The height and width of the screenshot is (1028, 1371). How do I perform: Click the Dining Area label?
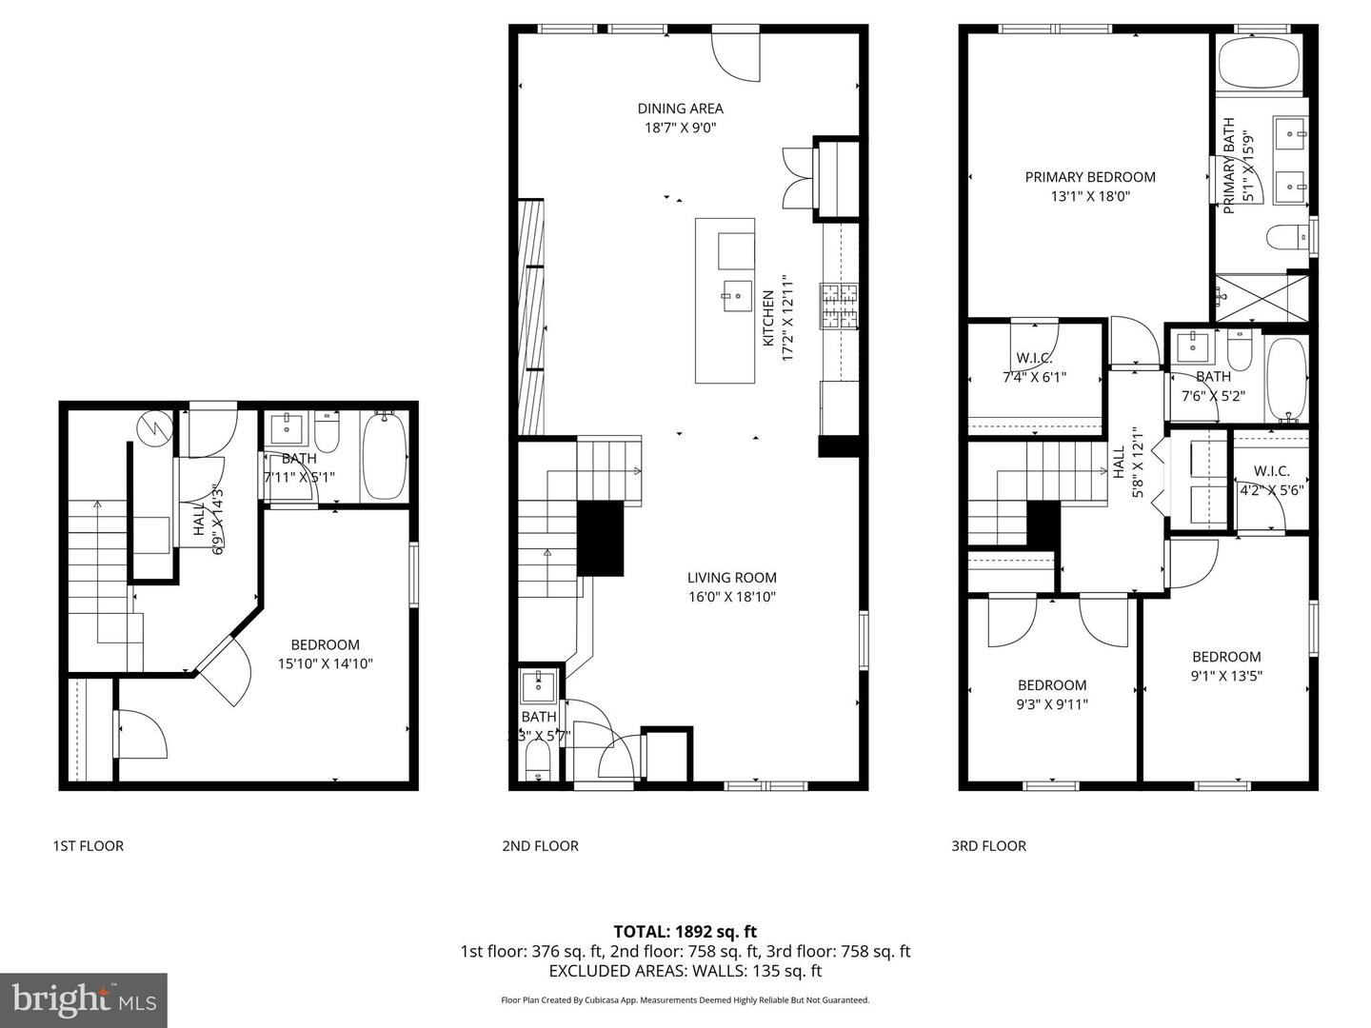pos(680,109)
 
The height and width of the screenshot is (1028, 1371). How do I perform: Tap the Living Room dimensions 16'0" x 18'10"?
pos(731,597)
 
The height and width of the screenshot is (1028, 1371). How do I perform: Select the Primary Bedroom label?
pos(1090,177)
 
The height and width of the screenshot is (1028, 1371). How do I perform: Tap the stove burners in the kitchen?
pos(840,306)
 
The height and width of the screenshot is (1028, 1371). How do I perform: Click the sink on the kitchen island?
pos(735,296)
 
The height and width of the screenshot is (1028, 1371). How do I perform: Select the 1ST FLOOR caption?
pos(88,845)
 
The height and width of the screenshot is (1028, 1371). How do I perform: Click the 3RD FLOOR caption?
pos(988,845)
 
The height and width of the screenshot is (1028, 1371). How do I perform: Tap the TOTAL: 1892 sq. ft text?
pos(685,931)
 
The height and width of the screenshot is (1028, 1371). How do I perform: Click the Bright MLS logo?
pos(84,999)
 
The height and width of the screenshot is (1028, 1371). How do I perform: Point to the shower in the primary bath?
pos(1262,296)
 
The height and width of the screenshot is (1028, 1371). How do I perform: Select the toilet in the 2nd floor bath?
pos(538,761)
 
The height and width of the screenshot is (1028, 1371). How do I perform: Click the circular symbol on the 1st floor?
pos(154,428)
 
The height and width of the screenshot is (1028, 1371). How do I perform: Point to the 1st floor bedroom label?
pos(325,644)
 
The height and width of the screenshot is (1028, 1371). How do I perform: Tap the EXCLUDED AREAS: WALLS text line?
pos(685,971)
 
